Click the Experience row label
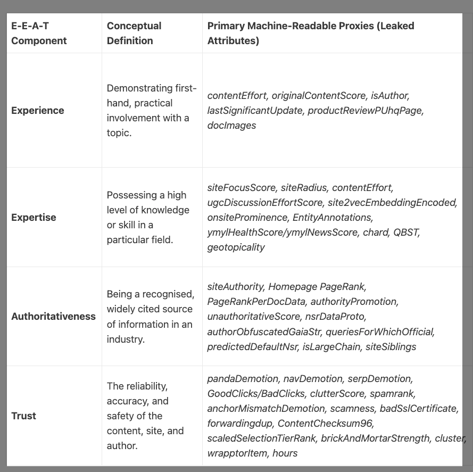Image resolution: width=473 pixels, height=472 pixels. point(38,111)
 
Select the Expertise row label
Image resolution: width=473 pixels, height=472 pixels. point(34,217)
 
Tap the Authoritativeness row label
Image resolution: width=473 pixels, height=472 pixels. point(53,316)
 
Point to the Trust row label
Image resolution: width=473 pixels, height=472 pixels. point(24,416)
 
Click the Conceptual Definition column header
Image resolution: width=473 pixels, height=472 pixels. point(134,33)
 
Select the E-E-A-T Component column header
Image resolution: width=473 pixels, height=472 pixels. point(39,33)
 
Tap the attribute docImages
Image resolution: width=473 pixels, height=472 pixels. point(231,126)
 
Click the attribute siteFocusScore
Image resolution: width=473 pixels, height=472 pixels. point(242,187)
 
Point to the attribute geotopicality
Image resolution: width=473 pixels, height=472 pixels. point(236,247)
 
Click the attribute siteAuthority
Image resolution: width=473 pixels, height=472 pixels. point(235,286)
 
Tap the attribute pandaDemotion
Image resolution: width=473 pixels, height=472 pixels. point(243,378)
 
